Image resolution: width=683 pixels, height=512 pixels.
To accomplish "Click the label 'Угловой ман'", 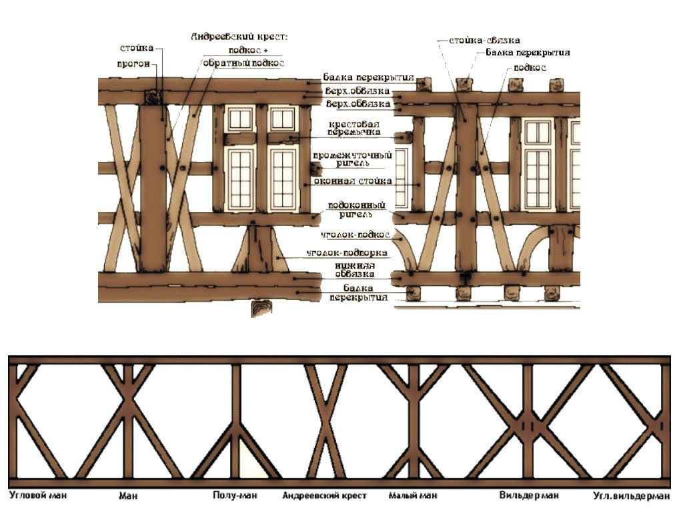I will pos(38,496).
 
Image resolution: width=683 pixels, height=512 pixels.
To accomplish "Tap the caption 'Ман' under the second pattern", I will pos(127,496).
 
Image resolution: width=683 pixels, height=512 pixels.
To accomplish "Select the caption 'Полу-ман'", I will pos(235,496).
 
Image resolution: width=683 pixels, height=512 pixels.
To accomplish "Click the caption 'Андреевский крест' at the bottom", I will pos(325,496).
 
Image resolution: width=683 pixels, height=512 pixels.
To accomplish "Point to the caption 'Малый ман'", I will pos(413,496).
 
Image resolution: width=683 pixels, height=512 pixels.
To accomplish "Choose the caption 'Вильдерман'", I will pos(529,496).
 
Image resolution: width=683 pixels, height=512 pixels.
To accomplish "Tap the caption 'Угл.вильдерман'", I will pos(632,496).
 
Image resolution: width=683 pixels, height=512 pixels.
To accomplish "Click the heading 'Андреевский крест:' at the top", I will pos(238,37).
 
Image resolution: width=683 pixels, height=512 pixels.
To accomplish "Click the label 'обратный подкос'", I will pos(243,63).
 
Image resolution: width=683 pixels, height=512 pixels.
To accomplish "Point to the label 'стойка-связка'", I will pos(484,41).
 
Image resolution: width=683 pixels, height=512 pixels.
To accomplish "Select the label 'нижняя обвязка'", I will pos(354,269).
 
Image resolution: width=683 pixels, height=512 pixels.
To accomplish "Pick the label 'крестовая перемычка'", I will pos(354,128).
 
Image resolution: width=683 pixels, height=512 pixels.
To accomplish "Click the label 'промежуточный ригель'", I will pos(353,159).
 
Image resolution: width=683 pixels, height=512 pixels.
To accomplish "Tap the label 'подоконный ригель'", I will pos(354,210).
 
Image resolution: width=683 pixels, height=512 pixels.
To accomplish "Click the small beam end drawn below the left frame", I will pos(262,308).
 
